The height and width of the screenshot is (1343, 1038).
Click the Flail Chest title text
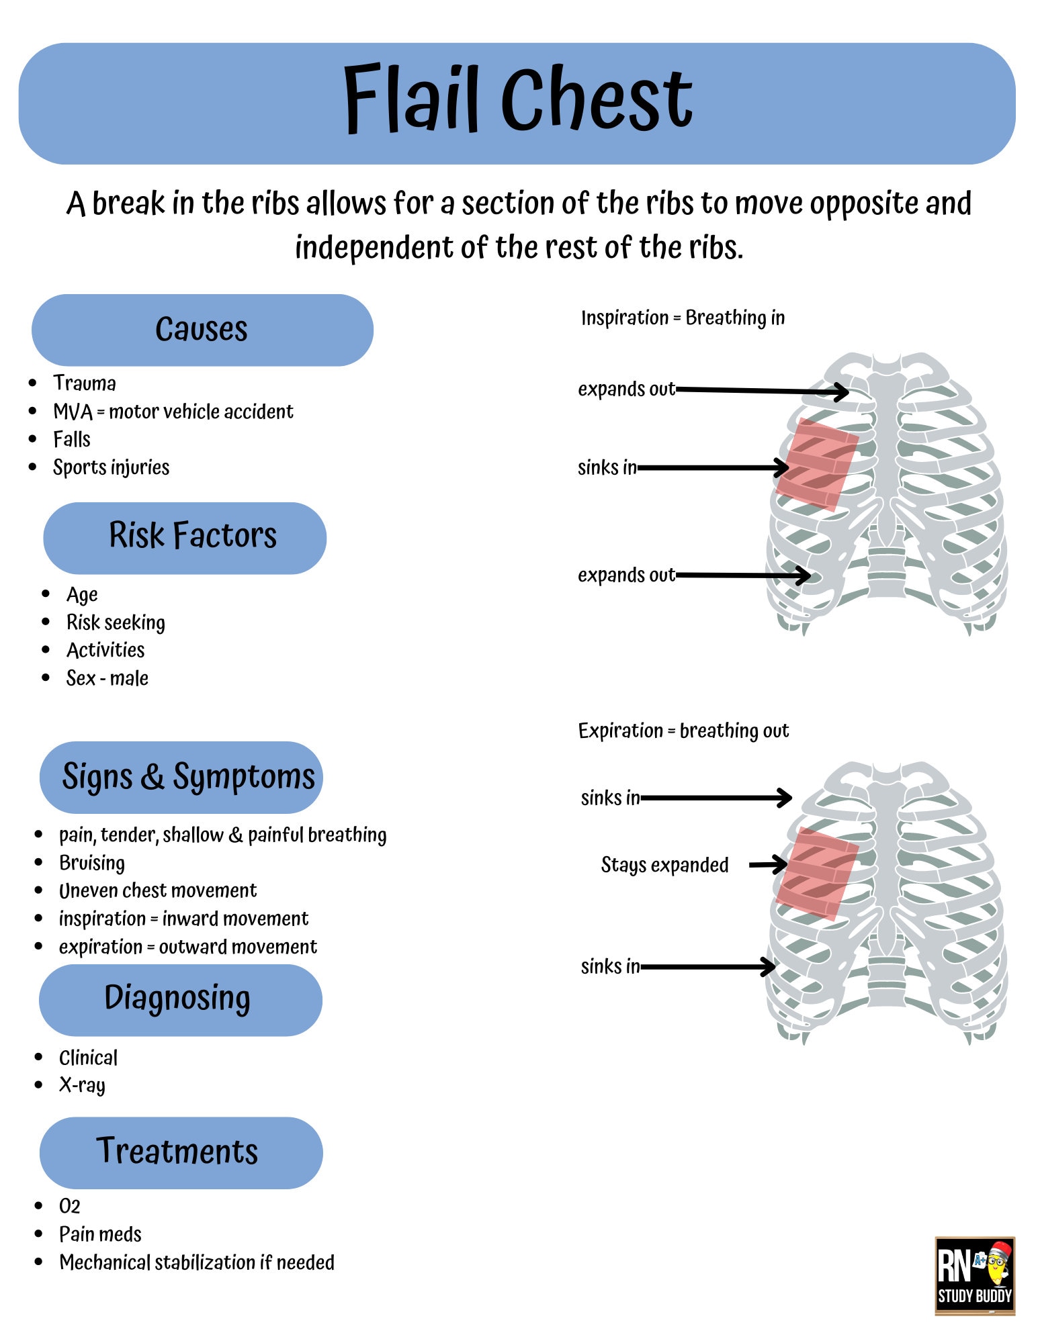click(x=517, y=99)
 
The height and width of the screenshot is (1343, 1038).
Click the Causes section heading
click(x=202, y=330)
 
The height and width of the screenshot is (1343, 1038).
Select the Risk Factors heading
click(x=192, y=536)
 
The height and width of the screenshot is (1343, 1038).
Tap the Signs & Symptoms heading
click(x=188, y=777)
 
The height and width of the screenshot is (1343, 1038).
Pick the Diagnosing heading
click(x=177, y=999)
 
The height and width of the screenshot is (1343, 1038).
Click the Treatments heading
click(x=177, y=1151)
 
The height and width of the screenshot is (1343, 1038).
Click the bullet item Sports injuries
click(x=111, y=467)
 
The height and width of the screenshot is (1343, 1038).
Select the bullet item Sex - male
click(x=107, y=678)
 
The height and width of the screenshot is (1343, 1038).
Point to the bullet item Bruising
click(x=92, y=863)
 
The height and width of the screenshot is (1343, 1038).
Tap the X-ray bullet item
click(x=82, y=1085)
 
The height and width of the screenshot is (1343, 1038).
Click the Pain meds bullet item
click(x=100, y=1234)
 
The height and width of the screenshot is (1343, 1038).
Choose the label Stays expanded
click(x=664, y=865)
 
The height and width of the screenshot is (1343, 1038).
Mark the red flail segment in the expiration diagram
click(x=818, y=873)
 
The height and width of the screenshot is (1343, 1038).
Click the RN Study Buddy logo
click(x=974, y=1276)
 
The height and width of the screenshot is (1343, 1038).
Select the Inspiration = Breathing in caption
click(x=683, y=318)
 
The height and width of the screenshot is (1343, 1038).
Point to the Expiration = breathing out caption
click(x=683, y=731)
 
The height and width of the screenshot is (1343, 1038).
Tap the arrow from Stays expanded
click(x=767, y=864)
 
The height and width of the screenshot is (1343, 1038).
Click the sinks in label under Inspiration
click(x=607, y=467)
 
